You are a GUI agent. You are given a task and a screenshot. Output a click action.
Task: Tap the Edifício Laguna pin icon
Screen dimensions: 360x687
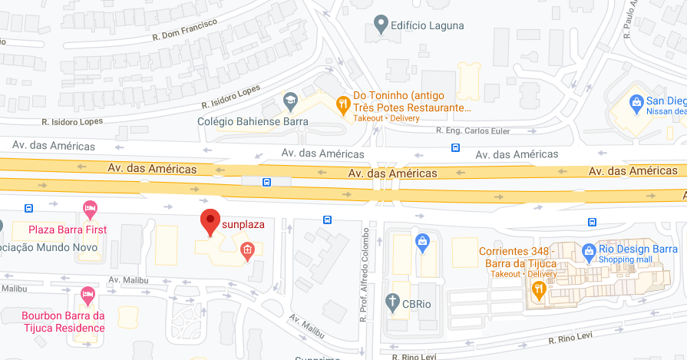coord(380,25)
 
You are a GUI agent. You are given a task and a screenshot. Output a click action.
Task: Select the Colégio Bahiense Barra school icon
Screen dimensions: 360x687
coord(290,101)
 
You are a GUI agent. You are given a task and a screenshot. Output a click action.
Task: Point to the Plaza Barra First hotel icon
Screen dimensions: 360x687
coord(90,209)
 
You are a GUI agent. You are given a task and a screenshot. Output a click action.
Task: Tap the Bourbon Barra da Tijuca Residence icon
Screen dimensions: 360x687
coord(88,295)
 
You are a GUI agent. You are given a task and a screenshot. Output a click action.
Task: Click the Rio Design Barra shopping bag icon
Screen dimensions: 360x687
coord(588,251)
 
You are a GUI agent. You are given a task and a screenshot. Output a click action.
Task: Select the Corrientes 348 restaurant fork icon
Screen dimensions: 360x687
coord(538,289)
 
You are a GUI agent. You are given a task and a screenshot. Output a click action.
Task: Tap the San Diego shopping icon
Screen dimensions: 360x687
coord(636,101)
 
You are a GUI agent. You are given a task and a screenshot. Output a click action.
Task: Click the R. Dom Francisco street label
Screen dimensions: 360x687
coord(184,29)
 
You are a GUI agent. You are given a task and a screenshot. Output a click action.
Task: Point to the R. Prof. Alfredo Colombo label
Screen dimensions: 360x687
coord(365,272)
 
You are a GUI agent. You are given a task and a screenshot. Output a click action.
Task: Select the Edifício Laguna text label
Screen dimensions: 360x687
coord(428,25)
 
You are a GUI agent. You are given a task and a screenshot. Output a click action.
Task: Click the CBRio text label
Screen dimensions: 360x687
coord(418,302)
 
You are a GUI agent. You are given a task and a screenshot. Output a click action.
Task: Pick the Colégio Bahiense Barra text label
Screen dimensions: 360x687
coord(253,121)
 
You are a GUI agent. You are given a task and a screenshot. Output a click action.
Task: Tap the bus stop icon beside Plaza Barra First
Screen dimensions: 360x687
coord(29,208)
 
